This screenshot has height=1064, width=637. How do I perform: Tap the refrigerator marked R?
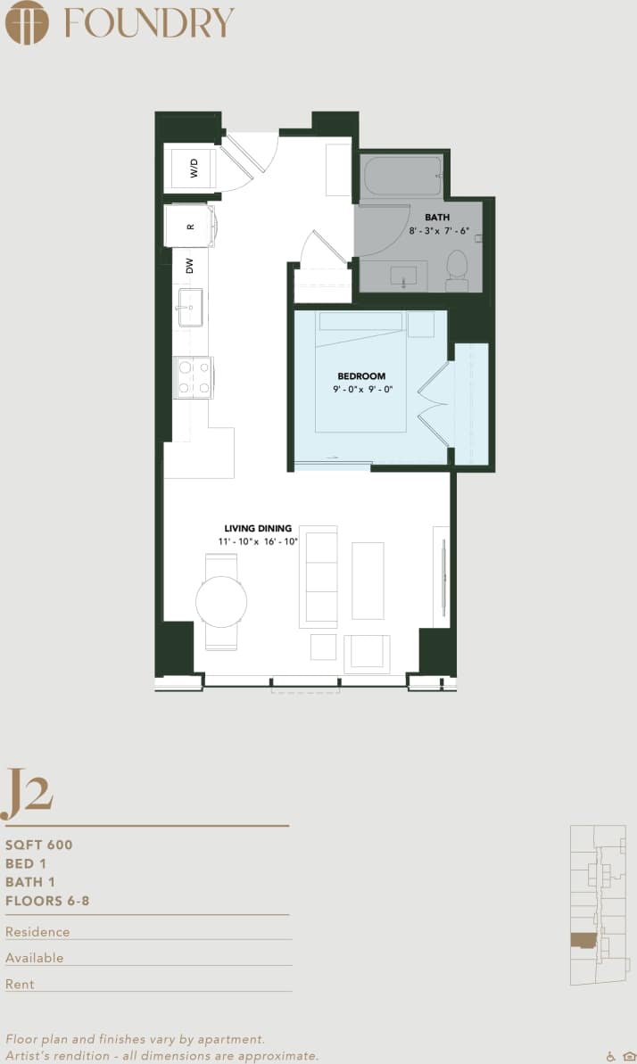point(190,227)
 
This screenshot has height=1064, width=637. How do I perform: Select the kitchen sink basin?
point(190,307)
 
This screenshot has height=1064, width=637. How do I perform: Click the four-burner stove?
point(193,376)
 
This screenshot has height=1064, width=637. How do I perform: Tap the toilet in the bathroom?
point(457,269)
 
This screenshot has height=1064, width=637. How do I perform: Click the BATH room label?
point(437,217)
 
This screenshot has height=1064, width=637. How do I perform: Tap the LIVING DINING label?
point(258,528)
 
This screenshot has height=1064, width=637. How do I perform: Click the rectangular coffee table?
point(368,581)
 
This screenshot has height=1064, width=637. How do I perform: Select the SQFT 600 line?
point(39,845)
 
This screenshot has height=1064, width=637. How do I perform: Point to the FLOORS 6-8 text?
point(47,901)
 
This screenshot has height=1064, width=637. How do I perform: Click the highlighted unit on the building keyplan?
point(583,942)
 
